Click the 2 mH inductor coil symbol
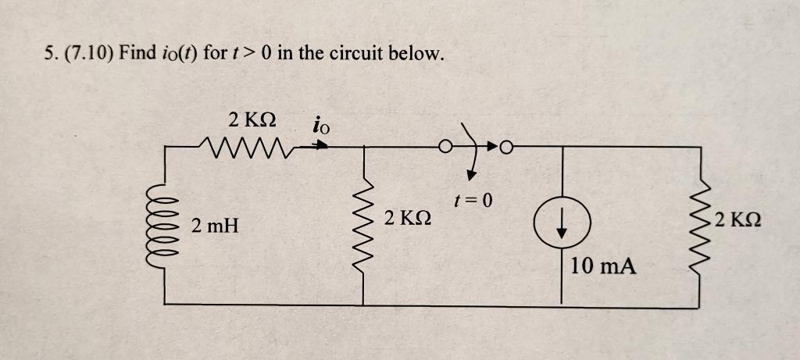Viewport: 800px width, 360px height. [x=166, y=226]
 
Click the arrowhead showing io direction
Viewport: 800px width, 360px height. [x=320, y=144]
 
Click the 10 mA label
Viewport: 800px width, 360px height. [x=602, y=266]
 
